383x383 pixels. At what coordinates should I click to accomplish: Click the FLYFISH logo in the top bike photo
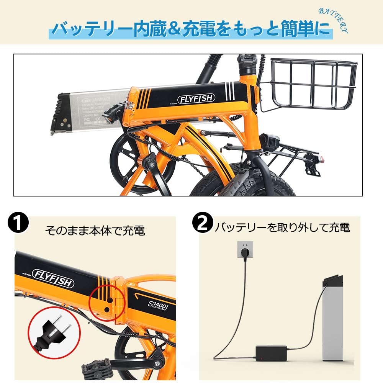point(196,98)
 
